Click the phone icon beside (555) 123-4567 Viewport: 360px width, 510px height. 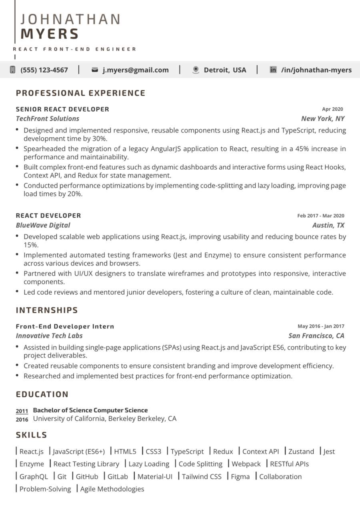[x=12, y=70]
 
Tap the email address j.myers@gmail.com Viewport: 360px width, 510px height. [x=136, y=70]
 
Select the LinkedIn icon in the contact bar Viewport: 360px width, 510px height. [x=273, y=70]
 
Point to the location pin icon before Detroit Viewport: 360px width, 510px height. [x=196, y=70]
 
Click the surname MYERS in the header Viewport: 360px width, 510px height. [x=50, y=34]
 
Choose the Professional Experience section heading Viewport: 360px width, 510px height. [x=80, y=93]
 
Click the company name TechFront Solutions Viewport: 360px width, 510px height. [x=48, y=118]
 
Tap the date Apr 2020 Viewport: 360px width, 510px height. [x=332, y=109]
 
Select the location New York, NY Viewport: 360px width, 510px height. [x=322, y=118]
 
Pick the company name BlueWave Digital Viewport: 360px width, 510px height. [x=43, y=225]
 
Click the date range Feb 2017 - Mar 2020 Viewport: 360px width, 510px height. [x=320, y=216]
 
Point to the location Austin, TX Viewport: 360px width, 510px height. [x=328, y=225]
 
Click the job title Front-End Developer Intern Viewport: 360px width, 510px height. [x=65, y=326]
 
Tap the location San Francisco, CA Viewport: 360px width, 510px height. [x=316, y=335]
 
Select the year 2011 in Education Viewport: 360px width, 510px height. [x=22, y=411]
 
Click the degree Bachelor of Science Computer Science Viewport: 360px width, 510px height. [x=90, y=410]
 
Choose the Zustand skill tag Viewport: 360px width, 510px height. [x=301, y=452]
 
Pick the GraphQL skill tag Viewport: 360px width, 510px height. [x=34, y=476]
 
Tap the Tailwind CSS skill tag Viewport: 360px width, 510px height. [x=202, y=476]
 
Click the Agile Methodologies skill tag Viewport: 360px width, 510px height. [x=112, y=489]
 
